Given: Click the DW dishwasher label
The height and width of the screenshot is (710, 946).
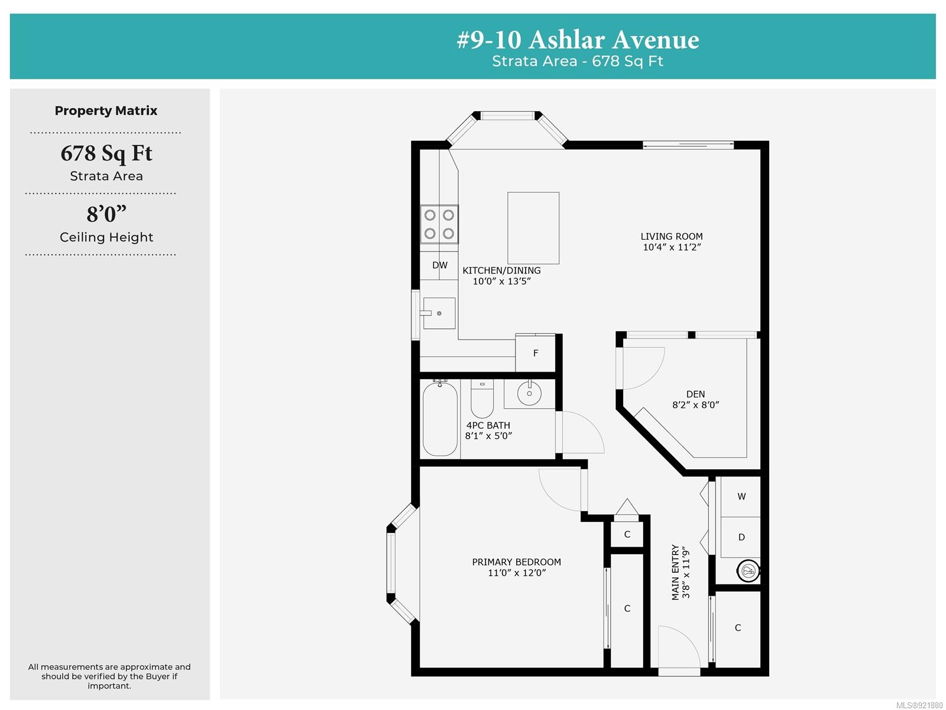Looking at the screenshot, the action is (440, 265).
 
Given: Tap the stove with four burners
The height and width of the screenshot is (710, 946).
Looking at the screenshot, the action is (439, 224).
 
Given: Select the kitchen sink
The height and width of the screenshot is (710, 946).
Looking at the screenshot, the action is (439, 313).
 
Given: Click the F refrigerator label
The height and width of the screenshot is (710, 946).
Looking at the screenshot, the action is (535, 353).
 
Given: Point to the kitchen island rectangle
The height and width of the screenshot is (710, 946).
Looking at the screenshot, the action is (533, 228).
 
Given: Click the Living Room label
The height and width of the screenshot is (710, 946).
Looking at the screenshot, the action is (672, 236).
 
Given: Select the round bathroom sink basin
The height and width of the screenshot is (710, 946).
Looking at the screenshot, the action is (529, 393).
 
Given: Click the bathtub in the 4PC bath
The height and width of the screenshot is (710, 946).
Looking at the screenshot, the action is (440, 419).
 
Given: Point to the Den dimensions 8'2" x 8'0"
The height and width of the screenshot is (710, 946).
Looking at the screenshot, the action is (695, 404).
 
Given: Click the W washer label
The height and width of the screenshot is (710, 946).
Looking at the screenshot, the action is (741, 496).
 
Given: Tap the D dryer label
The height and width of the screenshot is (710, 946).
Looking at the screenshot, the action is (741, 537).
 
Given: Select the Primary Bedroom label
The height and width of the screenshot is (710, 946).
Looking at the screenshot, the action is (516, 561).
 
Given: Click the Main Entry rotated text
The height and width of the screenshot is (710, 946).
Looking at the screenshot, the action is (675, 572).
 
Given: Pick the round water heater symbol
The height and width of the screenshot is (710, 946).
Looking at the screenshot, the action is (748, 571).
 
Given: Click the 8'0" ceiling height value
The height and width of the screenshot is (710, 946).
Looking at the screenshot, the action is (106, 214).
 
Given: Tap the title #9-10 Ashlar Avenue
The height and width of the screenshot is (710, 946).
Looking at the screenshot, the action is (578, 40).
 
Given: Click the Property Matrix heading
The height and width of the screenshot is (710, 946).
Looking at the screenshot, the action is (106, 111).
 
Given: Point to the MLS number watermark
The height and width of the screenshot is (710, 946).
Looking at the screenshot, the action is (919, 705).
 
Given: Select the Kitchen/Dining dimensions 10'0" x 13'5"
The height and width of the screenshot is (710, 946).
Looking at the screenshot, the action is (501, 281).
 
